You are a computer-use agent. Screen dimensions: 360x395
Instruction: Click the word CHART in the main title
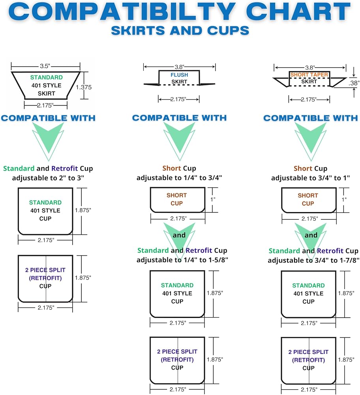[298, 11]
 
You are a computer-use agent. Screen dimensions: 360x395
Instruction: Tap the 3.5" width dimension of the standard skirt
[45, 66]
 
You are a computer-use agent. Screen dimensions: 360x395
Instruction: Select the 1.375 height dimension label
[84, 87]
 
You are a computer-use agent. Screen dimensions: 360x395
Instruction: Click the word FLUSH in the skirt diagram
[179, 75]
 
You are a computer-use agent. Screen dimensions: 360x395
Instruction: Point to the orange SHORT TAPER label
[309, 75]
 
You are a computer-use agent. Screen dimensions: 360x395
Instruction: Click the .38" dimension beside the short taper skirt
[354, 83]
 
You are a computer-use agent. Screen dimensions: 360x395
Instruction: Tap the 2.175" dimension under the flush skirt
[178, 99]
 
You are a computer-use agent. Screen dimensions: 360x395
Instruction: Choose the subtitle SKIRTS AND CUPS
[180, 30]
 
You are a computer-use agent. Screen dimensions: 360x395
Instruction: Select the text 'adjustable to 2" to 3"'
[48, 178]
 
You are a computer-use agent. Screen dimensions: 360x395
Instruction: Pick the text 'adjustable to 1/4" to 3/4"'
[179, 178]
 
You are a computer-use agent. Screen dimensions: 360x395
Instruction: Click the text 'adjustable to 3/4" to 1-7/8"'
[313, 260]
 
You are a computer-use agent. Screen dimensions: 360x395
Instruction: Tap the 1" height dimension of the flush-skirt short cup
[213, 199]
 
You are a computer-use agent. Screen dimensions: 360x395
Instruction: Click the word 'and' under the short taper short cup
[311, 235]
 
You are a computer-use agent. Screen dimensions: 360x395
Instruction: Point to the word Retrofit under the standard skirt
[65, 168]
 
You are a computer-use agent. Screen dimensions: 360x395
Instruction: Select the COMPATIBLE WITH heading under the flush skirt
[180, 118]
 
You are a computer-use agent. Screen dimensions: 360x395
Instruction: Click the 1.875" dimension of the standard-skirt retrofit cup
[83, 278]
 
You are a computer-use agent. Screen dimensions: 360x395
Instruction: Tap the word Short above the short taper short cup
[303, 168]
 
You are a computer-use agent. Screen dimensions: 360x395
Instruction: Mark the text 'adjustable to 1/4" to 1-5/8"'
[182, 260]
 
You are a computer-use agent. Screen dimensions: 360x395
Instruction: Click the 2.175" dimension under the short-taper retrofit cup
[309, 389]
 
